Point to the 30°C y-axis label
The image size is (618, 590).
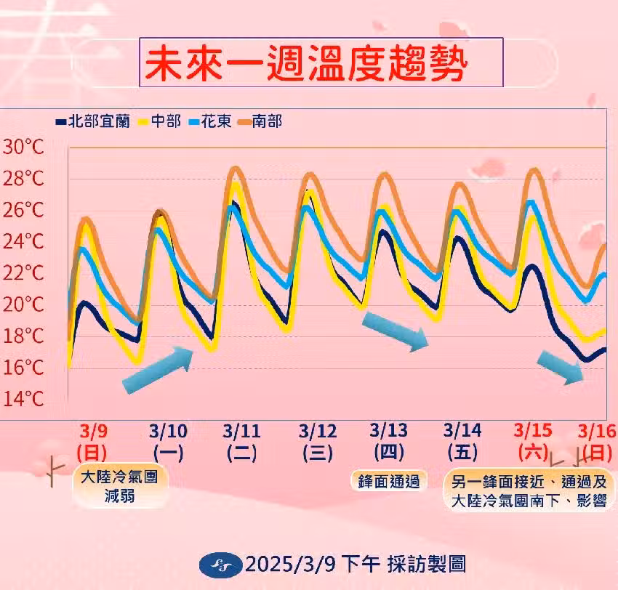tap(23, 147)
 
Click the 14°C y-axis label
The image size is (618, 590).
tap(23, 398)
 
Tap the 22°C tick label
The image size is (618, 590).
tap(23, 273)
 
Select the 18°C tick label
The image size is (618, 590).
tap(23, 336)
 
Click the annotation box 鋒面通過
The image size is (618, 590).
tap(388, 480)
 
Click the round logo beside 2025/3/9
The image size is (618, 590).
tap(217, 564)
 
